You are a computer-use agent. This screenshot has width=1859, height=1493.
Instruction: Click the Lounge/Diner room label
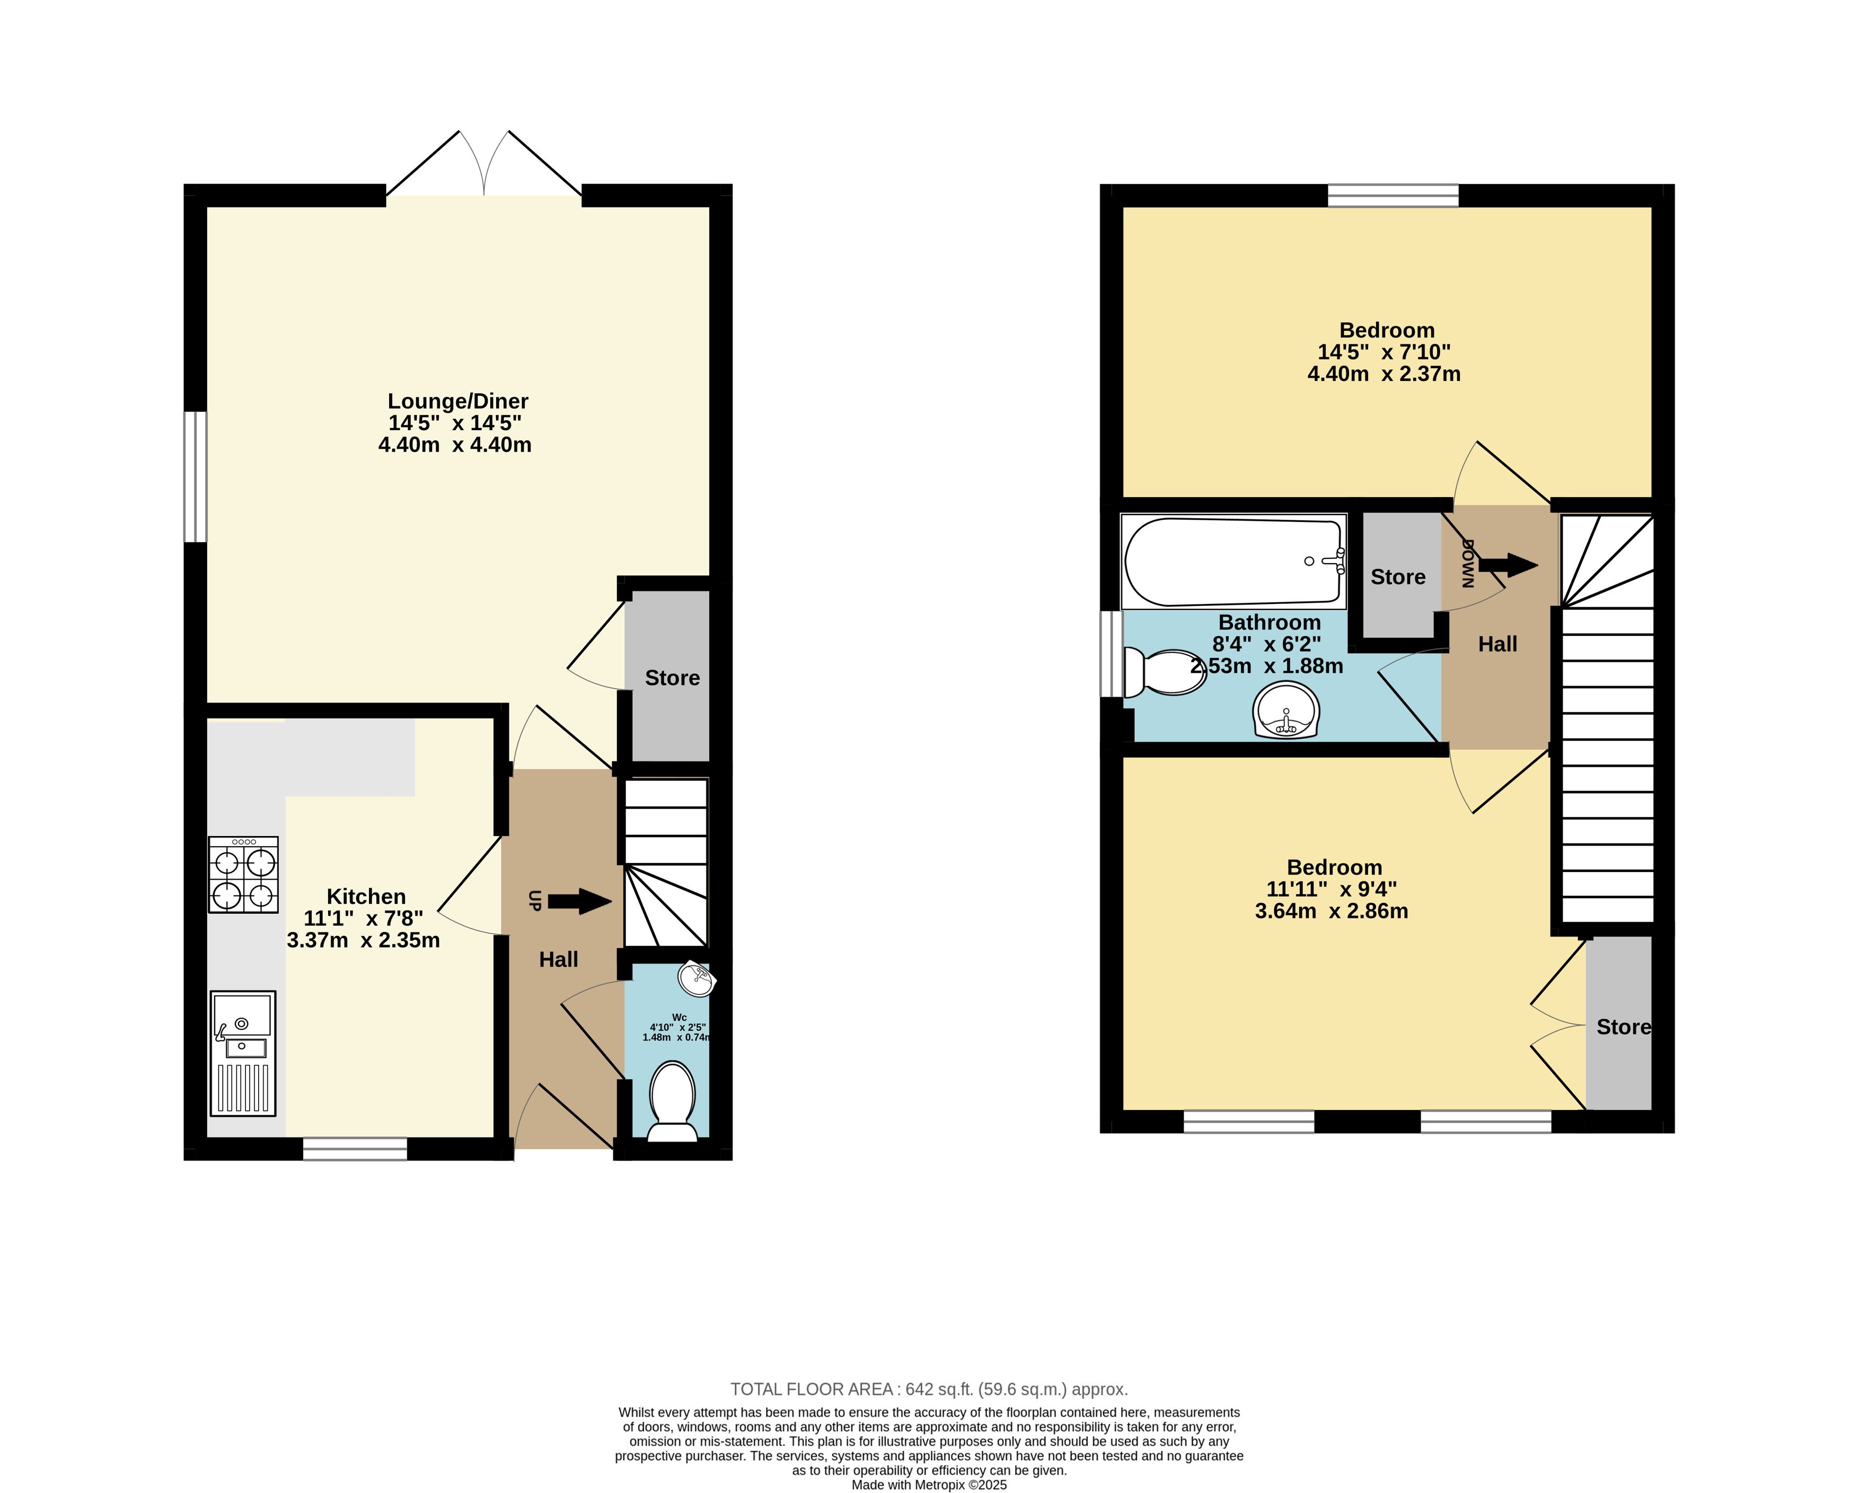458,402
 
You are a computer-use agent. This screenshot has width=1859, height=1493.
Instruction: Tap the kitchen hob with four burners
243,874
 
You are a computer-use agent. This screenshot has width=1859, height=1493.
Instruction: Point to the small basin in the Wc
697,979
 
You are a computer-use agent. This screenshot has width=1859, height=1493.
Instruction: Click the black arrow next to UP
579,902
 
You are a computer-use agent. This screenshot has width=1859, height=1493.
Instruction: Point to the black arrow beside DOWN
1508,565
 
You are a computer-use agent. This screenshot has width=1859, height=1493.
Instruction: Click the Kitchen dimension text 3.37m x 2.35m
363,940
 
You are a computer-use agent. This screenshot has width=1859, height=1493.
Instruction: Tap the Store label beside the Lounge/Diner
673,678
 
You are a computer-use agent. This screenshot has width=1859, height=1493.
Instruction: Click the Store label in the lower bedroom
1624,1027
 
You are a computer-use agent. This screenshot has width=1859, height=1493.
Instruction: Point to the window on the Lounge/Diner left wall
196,477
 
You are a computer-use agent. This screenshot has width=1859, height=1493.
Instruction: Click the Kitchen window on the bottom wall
355,1149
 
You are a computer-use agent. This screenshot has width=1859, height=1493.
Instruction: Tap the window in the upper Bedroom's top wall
1394,195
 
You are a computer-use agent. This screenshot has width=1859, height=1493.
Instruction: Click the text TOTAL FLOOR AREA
812,1390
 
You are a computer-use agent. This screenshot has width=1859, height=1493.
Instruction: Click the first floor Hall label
1497,644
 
